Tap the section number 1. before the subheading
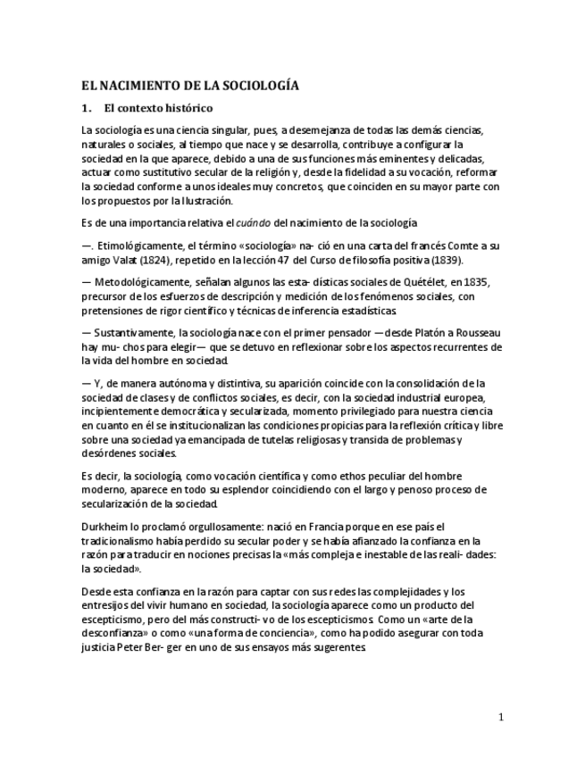[x=86, y=109]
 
